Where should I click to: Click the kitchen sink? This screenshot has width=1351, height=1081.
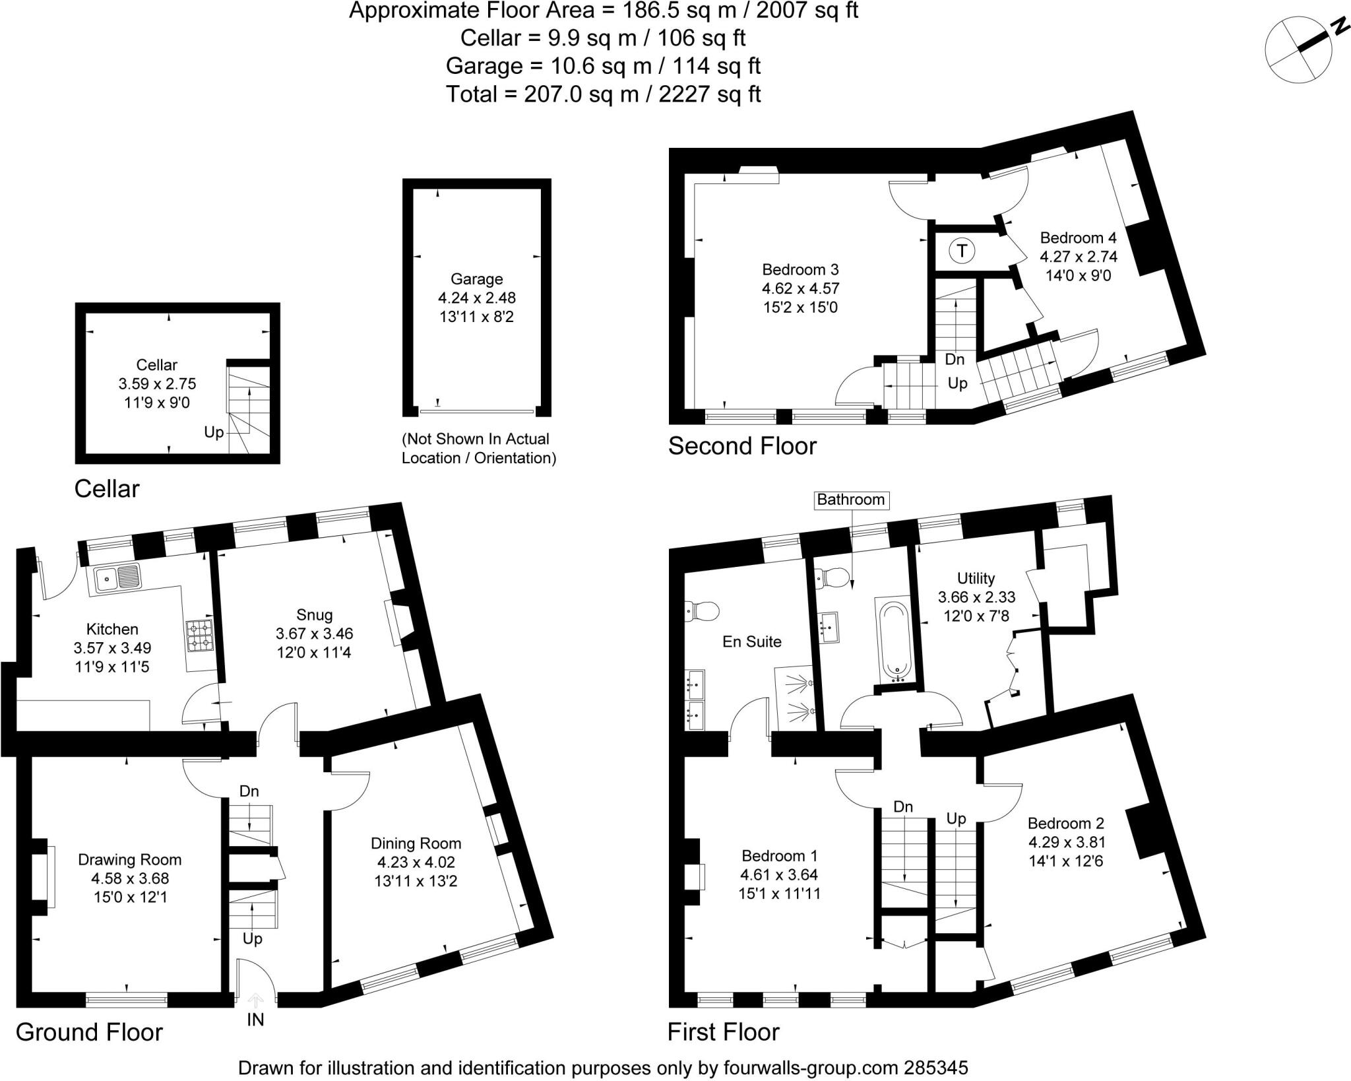click(x=117, y=579)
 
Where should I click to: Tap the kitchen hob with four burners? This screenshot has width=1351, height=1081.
click(x=199, y=635)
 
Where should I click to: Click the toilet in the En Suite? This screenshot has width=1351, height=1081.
click(x=701, y=610)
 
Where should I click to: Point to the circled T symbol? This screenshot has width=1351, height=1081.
click(x=962, y=251)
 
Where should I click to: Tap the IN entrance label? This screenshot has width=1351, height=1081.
click(x=255, y=1020)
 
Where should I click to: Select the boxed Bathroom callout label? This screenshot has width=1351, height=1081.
click(x=850, y=500)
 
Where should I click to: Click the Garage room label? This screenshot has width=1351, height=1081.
click(x=476, y=279)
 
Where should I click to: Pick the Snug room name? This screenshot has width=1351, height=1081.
click(x=314, y=614)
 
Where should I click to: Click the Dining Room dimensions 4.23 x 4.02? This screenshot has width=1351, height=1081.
click(x=416, y=862)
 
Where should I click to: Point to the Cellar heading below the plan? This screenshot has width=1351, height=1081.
click(x=107, y=489)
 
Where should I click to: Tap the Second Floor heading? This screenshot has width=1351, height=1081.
click(x=742, y=446)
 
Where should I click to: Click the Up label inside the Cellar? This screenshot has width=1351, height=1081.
click(x=214, y=433)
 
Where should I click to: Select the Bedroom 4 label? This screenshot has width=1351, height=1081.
click(x=1078, y=238)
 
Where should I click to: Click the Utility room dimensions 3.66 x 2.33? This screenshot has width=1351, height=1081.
click(x=976, y=597)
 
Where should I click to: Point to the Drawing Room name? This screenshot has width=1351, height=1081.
click(x=129, y=859)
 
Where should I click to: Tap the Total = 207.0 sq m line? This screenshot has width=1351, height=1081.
click(x=603, y=94)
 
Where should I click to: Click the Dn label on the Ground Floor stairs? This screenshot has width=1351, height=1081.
click(x=249, y=791)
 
